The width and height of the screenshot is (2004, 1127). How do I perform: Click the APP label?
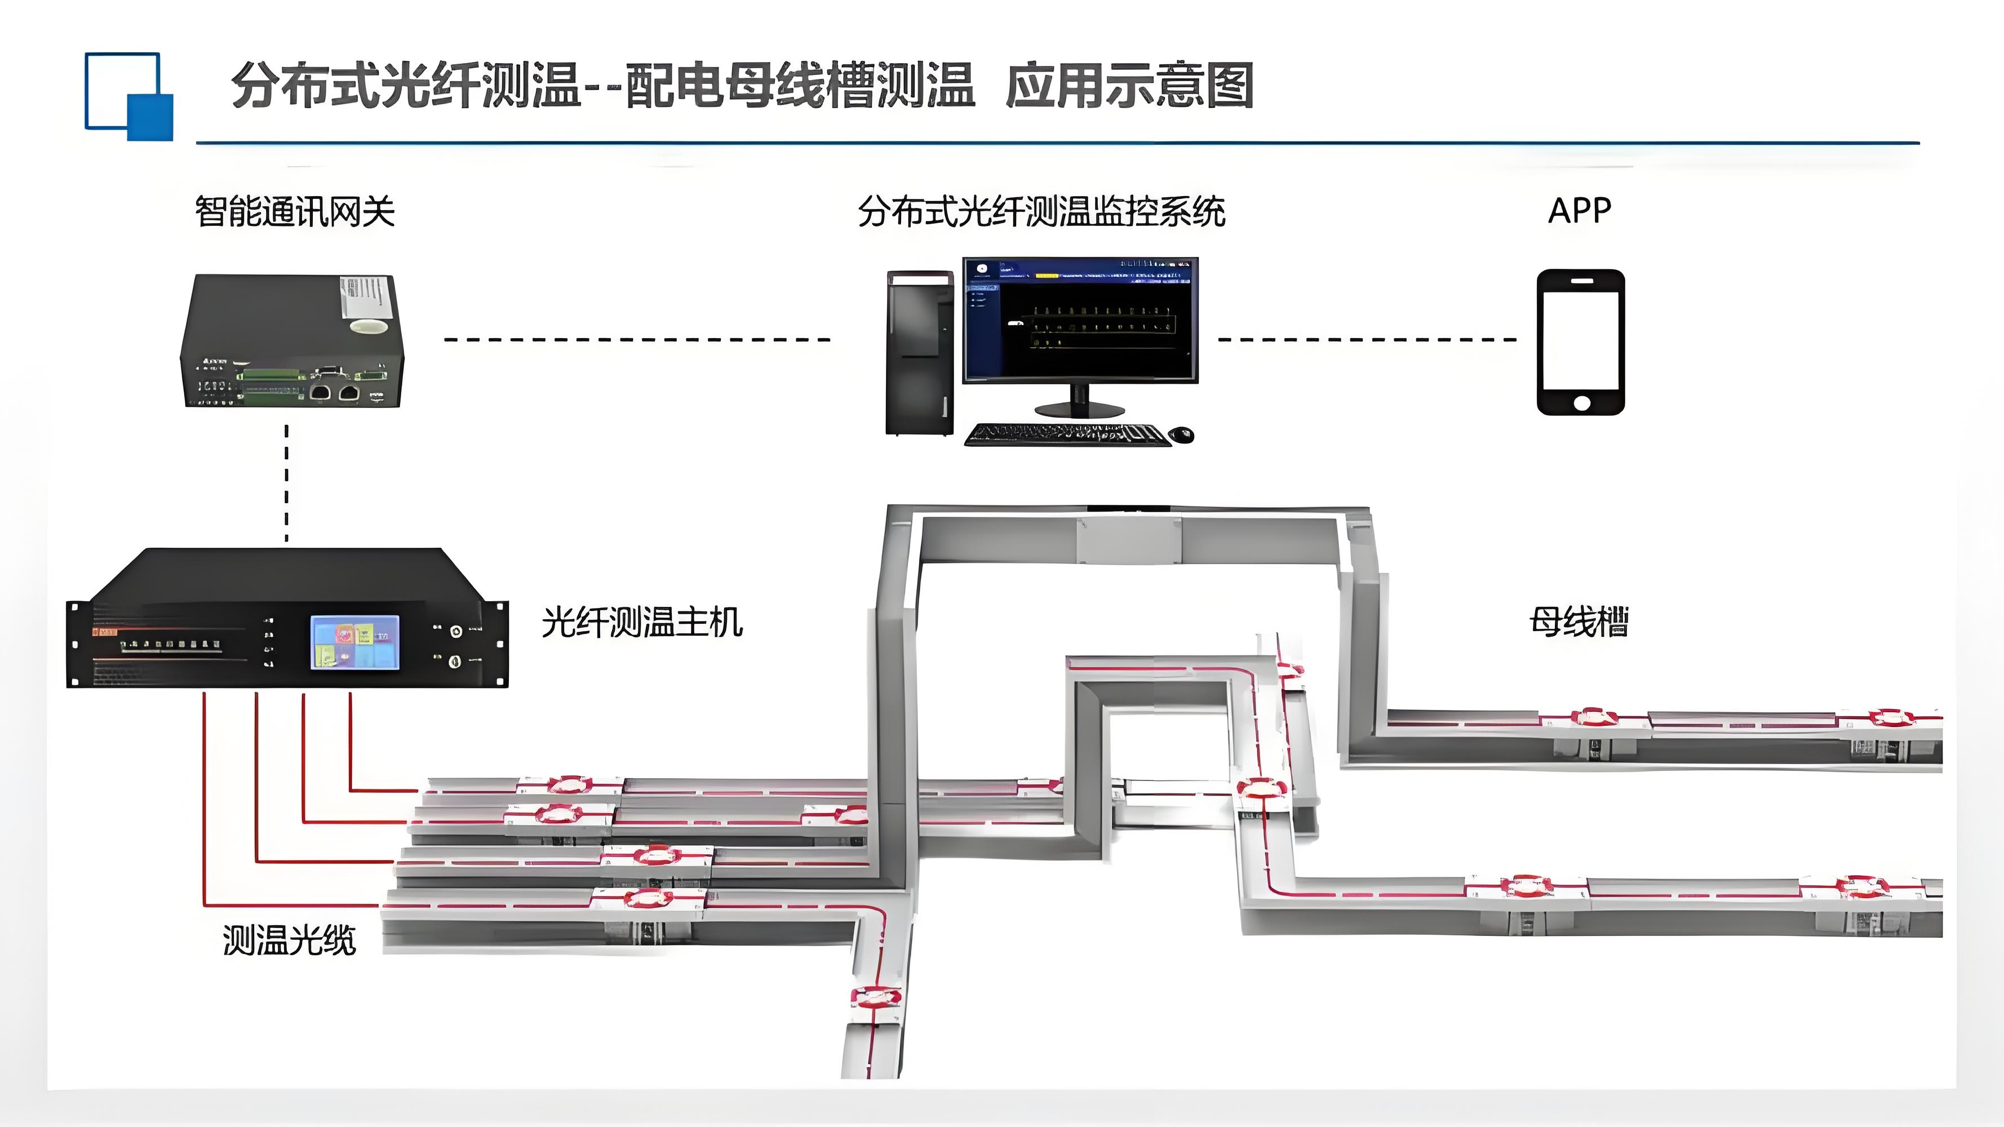[x=1579, y=210]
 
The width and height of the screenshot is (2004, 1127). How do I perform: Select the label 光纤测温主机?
[x=642, y=622]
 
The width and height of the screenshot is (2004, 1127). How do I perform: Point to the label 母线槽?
[x=1579, y=622]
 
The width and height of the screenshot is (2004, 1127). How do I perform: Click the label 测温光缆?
[x=290, y=940]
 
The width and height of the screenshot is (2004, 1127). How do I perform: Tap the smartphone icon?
[x=1581, y=342]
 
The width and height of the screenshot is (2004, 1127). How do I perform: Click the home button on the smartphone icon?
[x=1581, y=402]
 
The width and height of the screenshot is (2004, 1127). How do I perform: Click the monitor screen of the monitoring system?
[x=1080, y=321]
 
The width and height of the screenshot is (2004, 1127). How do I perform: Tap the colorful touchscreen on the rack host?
[x=354, y=642]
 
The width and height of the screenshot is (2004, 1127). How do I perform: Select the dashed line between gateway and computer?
[x=637, y=340]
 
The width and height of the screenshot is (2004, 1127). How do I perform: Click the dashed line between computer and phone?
[x=1367, y=340]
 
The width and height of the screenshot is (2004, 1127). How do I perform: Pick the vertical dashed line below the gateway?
[x=287, y=482]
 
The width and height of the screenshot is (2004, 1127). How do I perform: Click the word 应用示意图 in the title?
[x=1129, y=86]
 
